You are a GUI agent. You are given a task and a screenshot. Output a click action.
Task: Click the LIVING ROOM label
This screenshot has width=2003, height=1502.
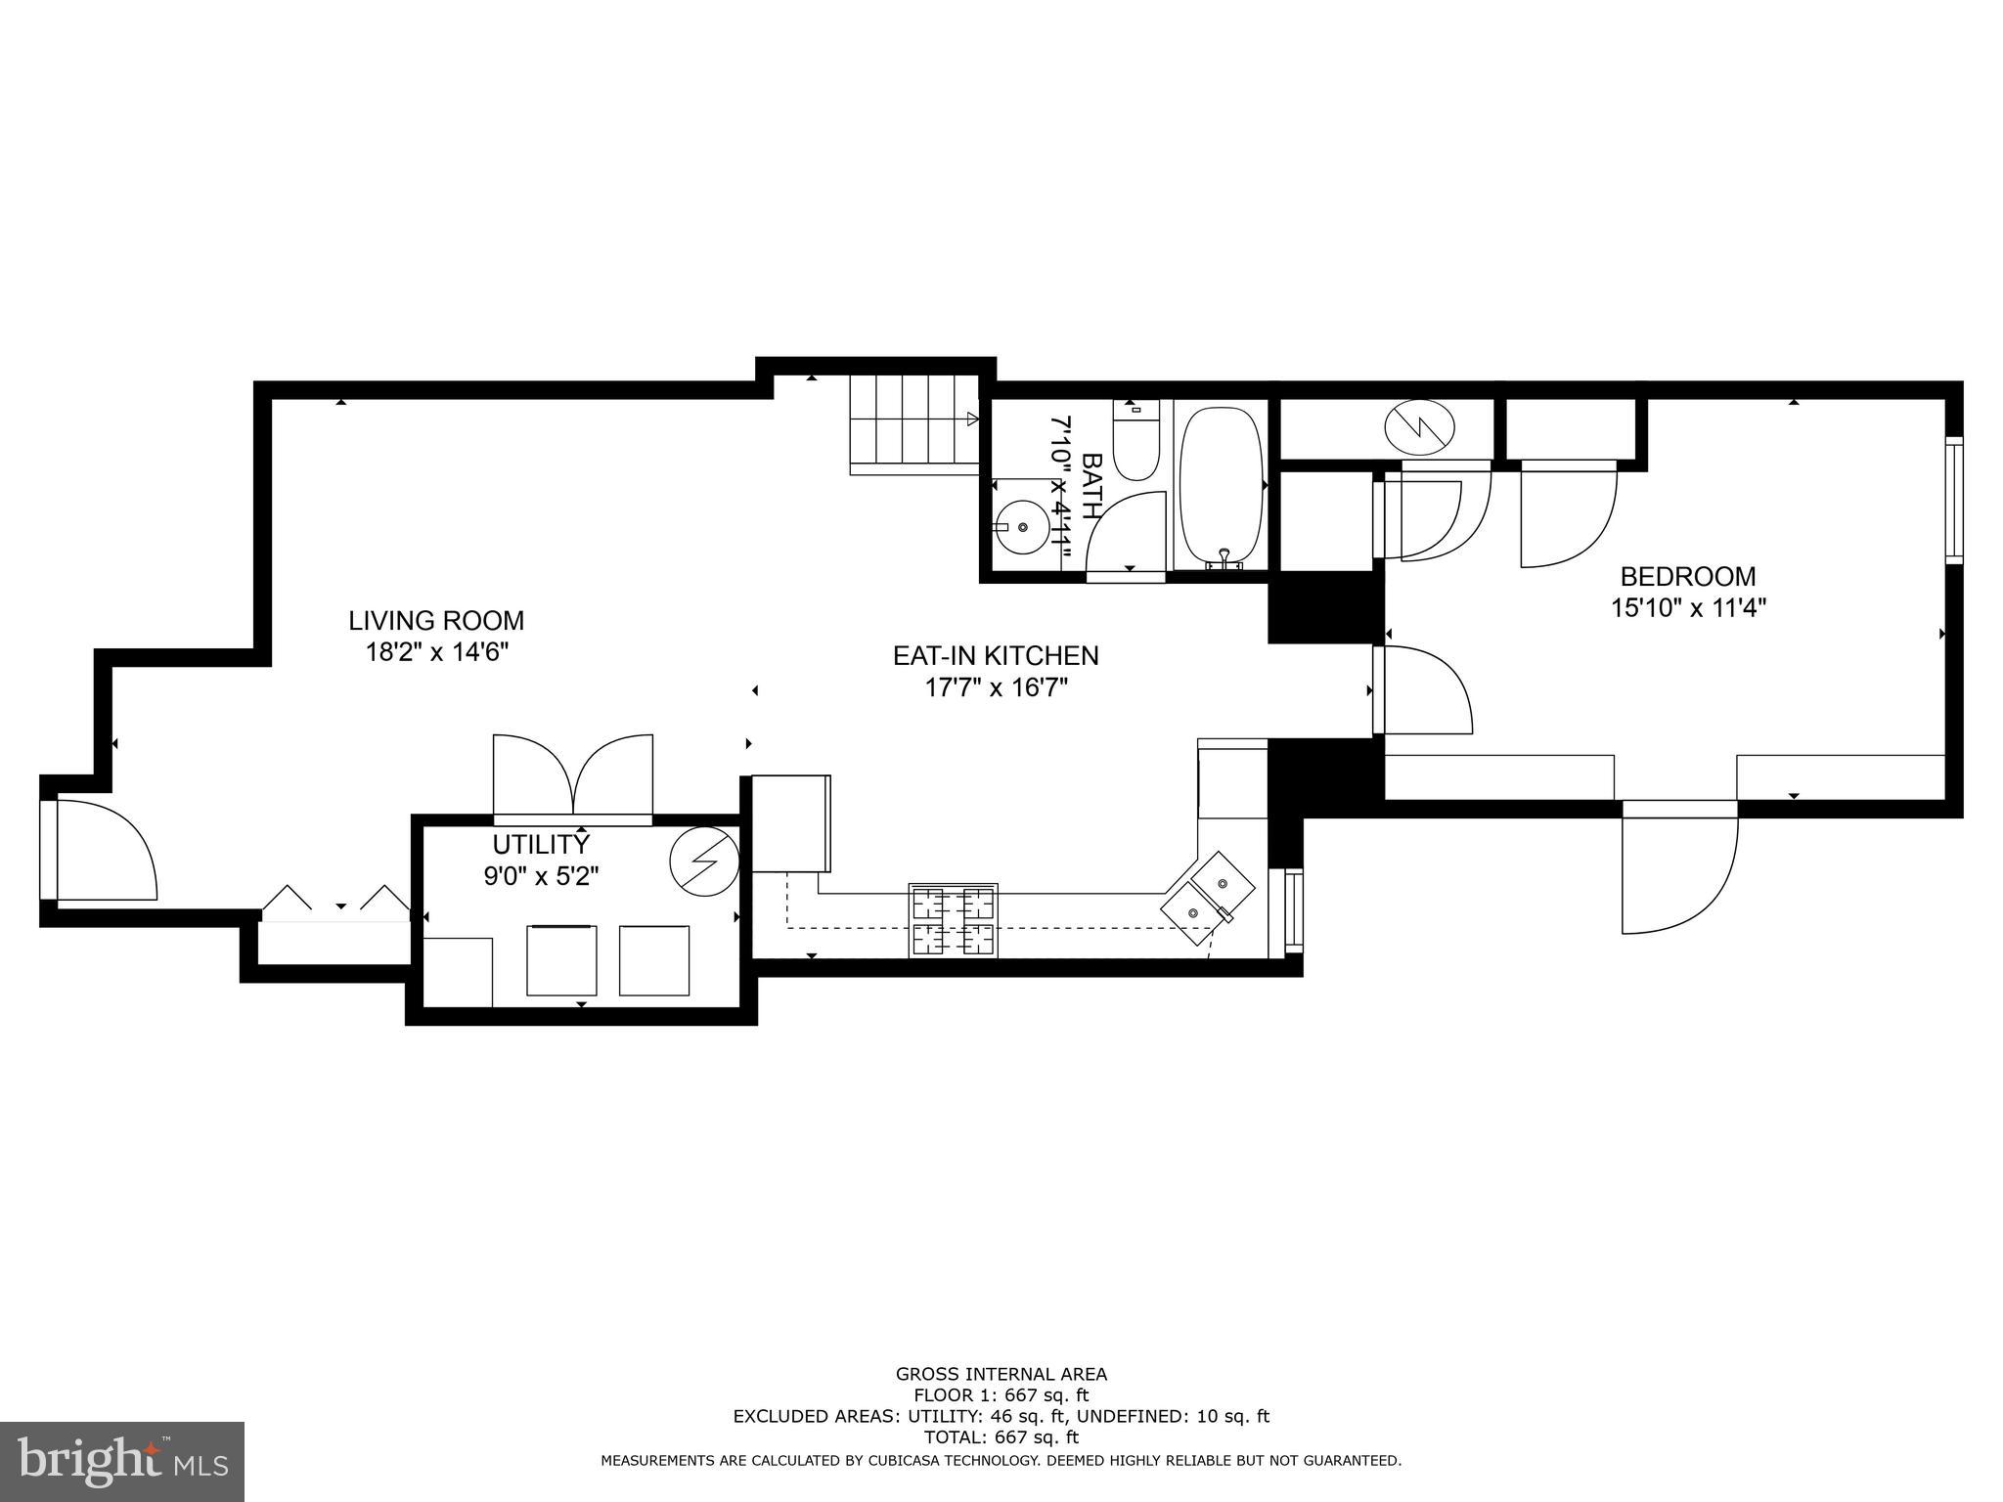pos(436,621)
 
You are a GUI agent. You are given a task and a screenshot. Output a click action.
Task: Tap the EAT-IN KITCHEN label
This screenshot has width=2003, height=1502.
pos(996,655)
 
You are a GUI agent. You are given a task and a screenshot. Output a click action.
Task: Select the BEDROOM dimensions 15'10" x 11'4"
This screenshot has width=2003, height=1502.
pos(1688,608)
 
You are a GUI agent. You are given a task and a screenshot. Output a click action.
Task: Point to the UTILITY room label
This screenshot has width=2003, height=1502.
pos(541,844)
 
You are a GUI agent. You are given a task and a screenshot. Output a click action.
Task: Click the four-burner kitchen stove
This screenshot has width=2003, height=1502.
pos(954,920)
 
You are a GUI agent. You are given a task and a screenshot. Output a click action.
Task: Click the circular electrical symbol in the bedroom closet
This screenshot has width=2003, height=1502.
pos(1419,427)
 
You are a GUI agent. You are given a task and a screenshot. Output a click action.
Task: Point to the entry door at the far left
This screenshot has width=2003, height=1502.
pos(98,849)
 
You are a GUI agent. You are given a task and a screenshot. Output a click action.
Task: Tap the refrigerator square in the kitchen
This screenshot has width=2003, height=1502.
pos(790,823)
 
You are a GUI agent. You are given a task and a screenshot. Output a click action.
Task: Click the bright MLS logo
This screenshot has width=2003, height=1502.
pos(122,1462)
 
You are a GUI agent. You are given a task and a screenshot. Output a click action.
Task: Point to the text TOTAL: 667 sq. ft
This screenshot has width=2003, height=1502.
pos(1001,1437)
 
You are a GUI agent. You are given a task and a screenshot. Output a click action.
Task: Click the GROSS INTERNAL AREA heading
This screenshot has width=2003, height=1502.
pos(1001,1374)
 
